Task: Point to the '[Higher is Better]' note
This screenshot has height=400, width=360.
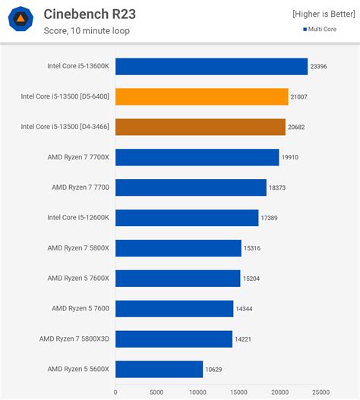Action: coord(323,14)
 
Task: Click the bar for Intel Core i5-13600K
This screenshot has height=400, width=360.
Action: coord(211,67)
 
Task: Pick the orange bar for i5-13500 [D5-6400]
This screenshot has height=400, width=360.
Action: coord(202,96)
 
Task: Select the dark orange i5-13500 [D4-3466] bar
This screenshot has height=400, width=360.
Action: coord(201,127)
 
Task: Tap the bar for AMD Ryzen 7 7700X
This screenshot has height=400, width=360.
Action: coord(197,157)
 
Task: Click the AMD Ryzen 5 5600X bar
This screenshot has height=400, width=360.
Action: coord(159,369)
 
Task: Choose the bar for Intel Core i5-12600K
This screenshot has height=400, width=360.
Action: coord(187,218)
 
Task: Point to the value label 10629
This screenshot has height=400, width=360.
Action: coord(215,369)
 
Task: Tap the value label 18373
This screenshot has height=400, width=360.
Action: coord(278,187)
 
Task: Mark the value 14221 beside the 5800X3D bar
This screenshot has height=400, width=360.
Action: coord(245,339)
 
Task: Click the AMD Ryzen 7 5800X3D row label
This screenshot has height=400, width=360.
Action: coord(74,339)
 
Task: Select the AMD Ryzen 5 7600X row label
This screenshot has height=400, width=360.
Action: coord(78,278)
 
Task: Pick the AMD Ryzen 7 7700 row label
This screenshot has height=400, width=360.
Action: coord(81,187)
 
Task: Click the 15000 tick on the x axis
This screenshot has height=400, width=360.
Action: coord(238,392)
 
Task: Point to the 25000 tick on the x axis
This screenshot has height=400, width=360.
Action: coord(321,392)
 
